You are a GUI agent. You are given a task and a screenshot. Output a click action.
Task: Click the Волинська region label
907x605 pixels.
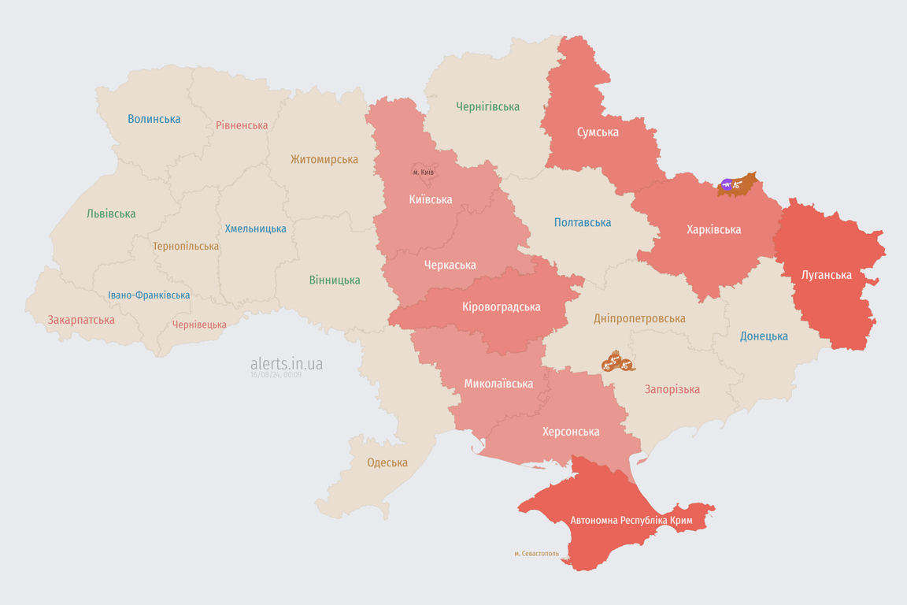click(154, 119)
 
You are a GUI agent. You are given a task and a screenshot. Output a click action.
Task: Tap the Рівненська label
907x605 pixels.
click(242, 125)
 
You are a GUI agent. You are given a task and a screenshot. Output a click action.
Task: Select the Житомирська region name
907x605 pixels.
click(324, 159)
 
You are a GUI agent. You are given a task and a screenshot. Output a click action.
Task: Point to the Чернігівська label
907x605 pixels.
click(487, 106)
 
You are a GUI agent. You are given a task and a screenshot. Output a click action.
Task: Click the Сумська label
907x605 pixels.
click(598, 132)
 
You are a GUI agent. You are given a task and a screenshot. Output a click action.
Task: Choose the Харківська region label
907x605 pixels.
click(713, 229)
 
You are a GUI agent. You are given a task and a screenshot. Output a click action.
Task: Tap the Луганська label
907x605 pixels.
click(826, 275)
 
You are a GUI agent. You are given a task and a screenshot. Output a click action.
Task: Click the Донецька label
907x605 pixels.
click(764, 336)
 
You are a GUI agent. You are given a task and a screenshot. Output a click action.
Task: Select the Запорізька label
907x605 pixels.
click(672, 389)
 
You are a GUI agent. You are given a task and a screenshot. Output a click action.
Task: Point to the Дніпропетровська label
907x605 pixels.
click(639, 318)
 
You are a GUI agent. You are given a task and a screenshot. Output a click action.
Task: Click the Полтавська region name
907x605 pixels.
click(583, 222)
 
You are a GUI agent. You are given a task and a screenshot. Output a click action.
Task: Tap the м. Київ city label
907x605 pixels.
click(424, 172)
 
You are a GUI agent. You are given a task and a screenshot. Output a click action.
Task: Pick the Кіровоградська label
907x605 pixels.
click(501, 306)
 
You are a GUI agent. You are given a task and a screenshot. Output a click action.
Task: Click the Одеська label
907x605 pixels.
click(387, 462)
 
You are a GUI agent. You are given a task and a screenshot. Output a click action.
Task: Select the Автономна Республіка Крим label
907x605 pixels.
click(631, 521)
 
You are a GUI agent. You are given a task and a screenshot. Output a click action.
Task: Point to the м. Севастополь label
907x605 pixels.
click(536, 554)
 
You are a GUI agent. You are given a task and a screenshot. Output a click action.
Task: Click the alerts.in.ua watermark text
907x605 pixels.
click(287, 363)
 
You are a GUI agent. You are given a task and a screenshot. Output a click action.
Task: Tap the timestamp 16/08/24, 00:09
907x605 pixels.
click(276, 375)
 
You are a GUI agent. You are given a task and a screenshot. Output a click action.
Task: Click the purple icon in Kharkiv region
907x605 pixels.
click(727, 184)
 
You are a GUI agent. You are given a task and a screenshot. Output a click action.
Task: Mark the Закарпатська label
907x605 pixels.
click(81, 320)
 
